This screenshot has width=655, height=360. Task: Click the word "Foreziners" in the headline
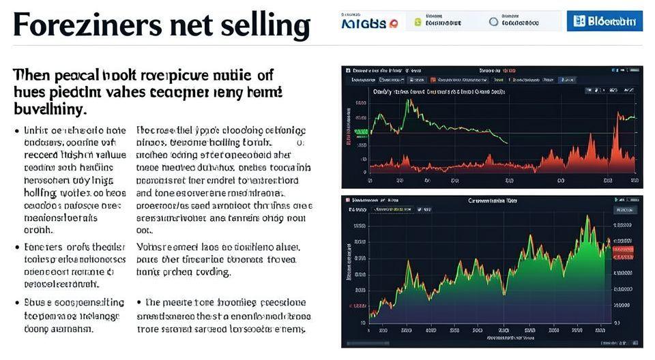[x=81, y=25]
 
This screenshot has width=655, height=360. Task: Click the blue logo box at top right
[x=605, y=21]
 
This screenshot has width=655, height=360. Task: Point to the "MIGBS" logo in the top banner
[x=369, y=22]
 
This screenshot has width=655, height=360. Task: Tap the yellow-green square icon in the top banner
[x=418, y=22]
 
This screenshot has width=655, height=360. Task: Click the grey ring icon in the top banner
[x=494, y=22]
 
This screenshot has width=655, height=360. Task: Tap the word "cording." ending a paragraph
[x=209, y=271]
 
